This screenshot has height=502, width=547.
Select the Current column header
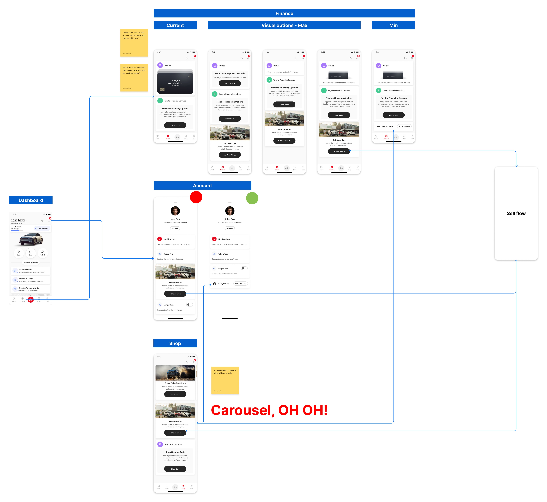[x=175, y=25]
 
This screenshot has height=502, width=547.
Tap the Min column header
[x=393, y=25]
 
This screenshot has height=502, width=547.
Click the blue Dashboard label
[x=31, y=200]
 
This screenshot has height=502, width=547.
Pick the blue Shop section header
[x=175, y=343]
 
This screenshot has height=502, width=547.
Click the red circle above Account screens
[x=196, y=197]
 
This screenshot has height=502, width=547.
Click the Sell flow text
[x=516, y=214]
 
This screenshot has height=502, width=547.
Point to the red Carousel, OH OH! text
[x=269, y=410]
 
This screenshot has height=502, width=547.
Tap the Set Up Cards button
[x=230, y=83]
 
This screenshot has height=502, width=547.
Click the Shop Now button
[x=175, y=469]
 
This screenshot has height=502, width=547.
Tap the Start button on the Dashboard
[x=31, y=253]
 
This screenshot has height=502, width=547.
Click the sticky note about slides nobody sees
[x=225, y=380]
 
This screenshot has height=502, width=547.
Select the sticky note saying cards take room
[x=134, y=43]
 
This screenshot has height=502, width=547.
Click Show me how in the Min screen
[x=404, y=126]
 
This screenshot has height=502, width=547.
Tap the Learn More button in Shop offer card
[x=175, y=394]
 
